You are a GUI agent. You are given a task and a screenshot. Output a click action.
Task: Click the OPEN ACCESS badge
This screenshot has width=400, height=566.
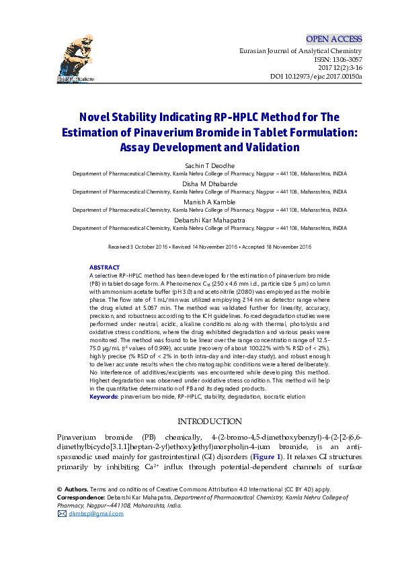pos(333,39)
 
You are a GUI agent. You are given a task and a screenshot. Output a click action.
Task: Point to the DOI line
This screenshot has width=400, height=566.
pos(316,77)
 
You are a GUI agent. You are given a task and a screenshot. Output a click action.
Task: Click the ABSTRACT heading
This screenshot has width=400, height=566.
pos(104,268)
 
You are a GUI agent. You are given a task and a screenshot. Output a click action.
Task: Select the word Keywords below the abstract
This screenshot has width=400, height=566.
pos(104,397)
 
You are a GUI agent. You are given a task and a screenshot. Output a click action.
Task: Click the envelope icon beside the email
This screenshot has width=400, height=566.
pos(63,514)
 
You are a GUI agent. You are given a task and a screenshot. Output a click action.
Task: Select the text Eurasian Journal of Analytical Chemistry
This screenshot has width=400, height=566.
pos(301,51)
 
